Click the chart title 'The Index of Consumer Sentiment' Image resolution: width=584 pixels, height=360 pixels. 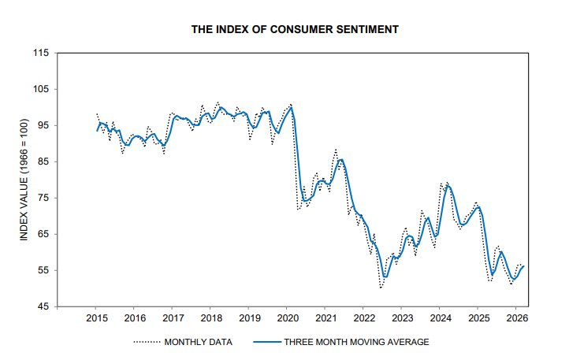point(295,29)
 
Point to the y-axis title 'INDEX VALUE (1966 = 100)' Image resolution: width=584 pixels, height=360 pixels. point(24,179)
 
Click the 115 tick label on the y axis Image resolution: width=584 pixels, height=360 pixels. point(41,53)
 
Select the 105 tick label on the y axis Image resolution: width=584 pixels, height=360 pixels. point(41,89)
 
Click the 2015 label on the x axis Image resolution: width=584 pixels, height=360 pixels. point(95,318)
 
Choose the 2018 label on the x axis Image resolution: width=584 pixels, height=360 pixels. point(210,318)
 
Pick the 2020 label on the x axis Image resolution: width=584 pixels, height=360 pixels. point(287,318)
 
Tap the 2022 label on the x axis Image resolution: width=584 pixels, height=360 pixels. point(363,318)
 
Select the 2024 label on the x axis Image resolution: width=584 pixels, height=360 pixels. point(441,318)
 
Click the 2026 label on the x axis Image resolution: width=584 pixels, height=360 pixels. point(517,318)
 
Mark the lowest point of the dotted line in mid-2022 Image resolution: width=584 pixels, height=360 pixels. point(381,288)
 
